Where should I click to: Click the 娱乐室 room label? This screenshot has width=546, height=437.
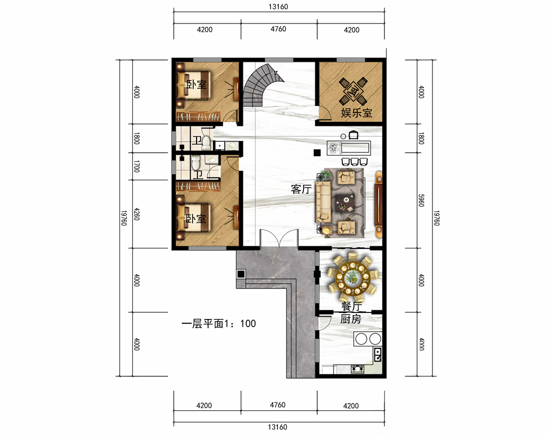[356, 113]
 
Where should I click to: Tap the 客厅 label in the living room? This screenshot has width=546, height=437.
[301, 189]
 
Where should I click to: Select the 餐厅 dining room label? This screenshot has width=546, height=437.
[351, 306]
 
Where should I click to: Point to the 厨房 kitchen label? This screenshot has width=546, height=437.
[351, 319]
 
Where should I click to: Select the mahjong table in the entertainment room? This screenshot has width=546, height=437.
[353, 91]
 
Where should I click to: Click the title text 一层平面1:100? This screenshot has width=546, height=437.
[219, 324]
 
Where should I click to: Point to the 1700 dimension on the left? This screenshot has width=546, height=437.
[136, 166]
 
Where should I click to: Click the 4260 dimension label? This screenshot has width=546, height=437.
[136, 214]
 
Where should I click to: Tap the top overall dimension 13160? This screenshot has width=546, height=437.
[278, 7]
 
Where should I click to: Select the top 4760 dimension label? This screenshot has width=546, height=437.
[278, 29]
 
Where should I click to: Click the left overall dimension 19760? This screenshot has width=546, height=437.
[123, 218]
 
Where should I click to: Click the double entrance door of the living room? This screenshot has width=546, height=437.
[279, 239]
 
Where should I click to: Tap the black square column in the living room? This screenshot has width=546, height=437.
[317, 152]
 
